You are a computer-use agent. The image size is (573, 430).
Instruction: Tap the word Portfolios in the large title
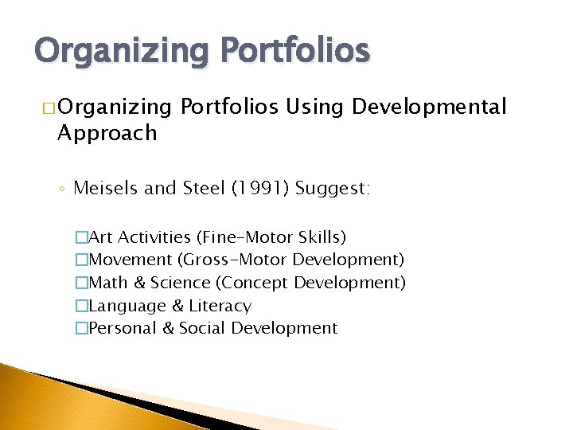click(x=295, y=51)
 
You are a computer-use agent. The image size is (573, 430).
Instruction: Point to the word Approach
click(x=107, y=132)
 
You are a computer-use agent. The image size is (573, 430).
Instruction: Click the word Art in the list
click(x=101, y=237)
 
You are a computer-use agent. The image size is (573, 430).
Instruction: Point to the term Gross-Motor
click(x=236, y=260)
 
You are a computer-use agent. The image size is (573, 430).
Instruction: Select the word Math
click(x=107, y=283)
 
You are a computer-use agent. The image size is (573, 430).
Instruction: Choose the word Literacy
click(x=220, y=306)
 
